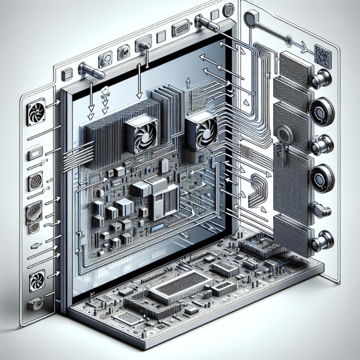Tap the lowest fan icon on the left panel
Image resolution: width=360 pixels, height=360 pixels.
(37, 281)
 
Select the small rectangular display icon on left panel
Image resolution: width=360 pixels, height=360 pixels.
(36, 154)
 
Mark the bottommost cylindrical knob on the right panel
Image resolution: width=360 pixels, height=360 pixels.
(322, 241)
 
